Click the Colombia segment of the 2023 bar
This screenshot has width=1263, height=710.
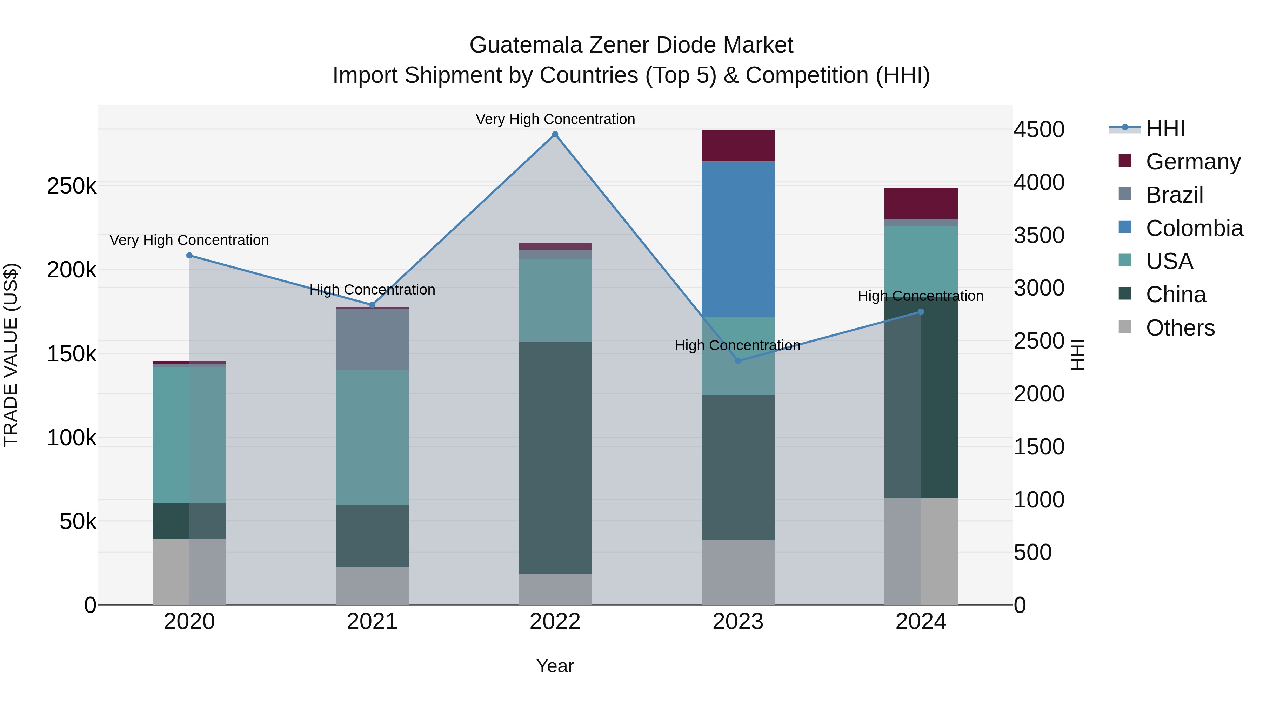click(738, 239)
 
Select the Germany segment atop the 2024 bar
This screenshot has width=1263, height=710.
click(921, 203)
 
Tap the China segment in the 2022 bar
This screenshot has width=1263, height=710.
click(555, 457)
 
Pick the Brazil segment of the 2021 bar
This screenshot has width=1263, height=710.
click(372, 339)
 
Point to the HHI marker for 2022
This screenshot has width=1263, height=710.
click(555, 134)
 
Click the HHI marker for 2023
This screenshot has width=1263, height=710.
click(738, 361)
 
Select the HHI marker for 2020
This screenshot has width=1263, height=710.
click(189, 255)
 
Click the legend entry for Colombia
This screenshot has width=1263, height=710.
click(1194, 228)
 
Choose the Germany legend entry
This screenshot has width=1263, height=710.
click(1193, 162)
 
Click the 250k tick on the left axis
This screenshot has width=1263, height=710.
click(72, 186)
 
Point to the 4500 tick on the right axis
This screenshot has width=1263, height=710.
click(1039, 130)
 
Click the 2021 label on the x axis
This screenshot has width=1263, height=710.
click(372, 622)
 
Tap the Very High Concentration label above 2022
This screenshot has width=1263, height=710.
click(555, 119)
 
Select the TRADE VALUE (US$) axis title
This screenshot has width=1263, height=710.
click(11, 355)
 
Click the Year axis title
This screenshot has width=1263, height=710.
click(555, 666)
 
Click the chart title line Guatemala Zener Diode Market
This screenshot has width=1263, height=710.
click(631, 45)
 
